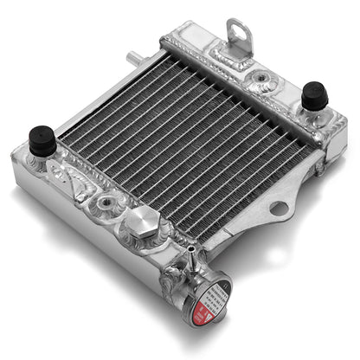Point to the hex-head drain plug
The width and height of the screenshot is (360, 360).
tap(138, 227)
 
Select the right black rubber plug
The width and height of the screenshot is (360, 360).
tap(313, 95)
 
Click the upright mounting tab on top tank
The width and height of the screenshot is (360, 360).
tap(239, 36)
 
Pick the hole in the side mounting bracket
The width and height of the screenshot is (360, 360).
tap(279, 208)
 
